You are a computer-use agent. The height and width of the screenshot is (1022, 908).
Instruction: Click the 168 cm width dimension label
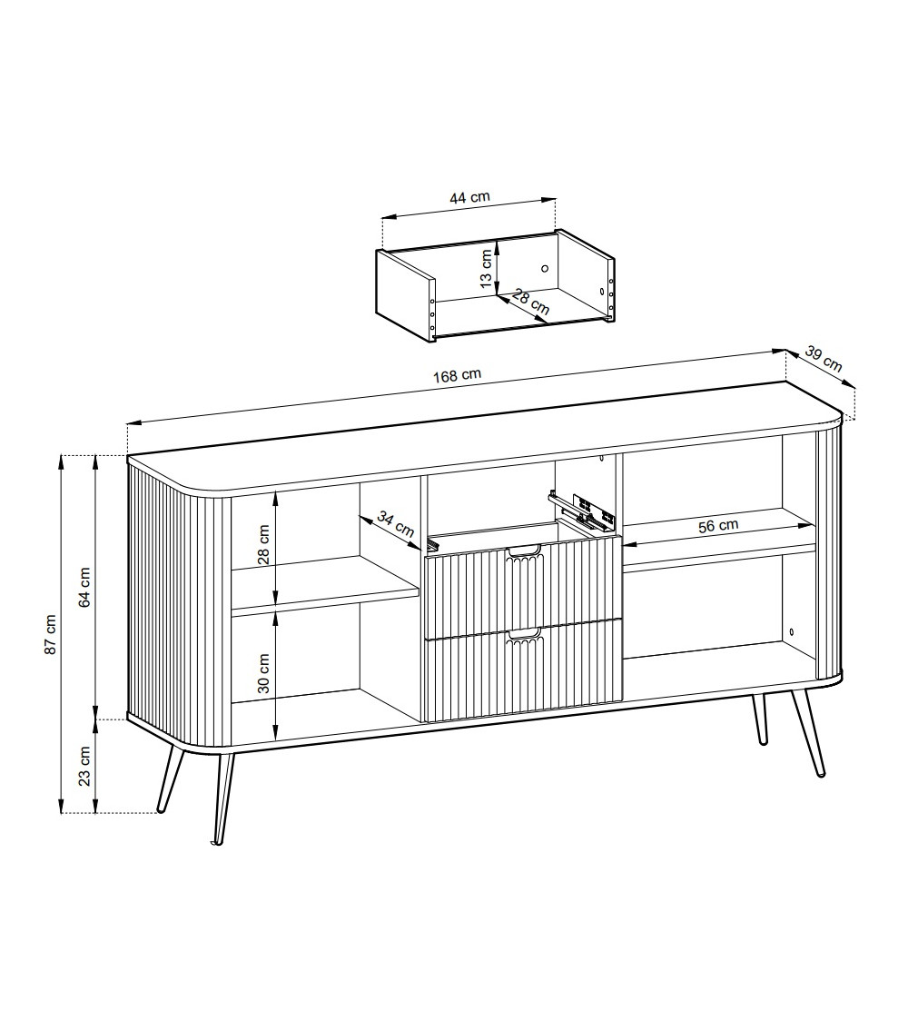pos(457,375)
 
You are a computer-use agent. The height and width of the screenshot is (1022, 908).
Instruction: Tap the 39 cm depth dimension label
pos(824,359)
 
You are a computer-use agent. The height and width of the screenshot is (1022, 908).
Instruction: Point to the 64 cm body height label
pos(84,587)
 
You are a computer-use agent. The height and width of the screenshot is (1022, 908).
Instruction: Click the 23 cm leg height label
pos(84,766)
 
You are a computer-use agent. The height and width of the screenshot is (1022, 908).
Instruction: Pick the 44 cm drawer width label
pos(469,196)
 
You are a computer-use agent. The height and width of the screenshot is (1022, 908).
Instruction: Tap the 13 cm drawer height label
pos(485,268)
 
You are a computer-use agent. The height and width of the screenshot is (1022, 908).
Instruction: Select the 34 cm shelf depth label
pos(395,525)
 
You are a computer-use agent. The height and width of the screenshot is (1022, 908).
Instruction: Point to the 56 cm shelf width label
pos(718,525)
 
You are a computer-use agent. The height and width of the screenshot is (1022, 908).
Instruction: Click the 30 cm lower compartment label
pos(264,672)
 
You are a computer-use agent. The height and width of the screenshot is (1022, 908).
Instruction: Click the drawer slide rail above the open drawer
pos(582,509)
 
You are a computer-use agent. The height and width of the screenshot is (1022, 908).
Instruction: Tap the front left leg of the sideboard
pos(222,799)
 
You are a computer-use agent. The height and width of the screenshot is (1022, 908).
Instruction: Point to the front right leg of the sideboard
pos(808,732)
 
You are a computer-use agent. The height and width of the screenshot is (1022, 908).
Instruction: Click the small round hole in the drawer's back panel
pos(545,268)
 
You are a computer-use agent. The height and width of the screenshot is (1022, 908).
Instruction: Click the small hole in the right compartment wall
pos(792,632)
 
